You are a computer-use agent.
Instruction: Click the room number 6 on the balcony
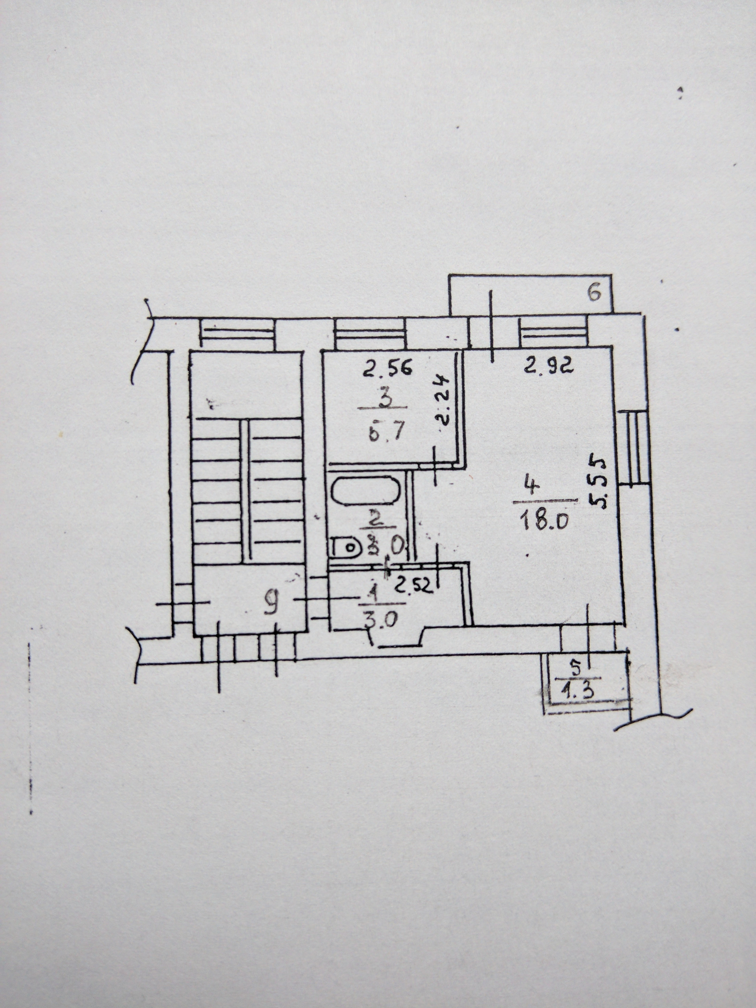point(594,293)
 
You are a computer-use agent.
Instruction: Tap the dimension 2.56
point(387,367)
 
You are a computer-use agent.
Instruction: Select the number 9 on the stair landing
point(272,606)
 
